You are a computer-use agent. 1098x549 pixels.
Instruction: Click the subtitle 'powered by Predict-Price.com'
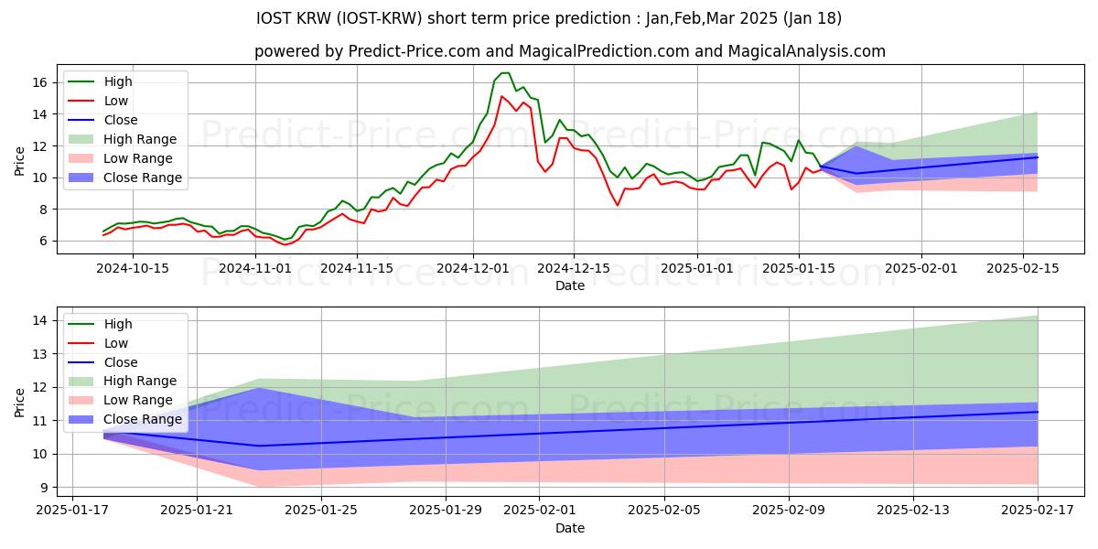[569, 51]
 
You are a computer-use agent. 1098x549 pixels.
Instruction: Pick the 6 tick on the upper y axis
[42, 241]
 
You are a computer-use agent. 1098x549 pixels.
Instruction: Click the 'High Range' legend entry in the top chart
[140, 139]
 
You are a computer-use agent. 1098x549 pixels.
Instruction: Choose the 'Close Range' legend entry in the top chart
[143, 178]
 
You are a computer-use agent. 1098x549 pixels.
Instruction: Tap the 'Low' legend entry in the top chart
[116, 101]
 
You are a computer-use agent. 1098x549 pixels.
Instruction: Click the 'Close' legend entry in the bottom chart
[121, 362]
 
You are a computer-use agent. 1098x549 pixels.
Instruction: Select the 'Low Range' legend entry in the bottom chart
[139, 401]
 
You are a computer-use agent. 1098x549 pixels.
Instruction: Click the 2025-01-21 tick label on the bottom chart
[197, 510]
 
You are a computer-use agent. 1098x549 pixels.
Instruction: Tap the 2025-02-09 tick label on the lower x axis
[790, 510]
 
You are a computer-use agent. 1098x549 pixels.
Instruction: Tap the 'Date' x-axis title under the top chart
[569, 285]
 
